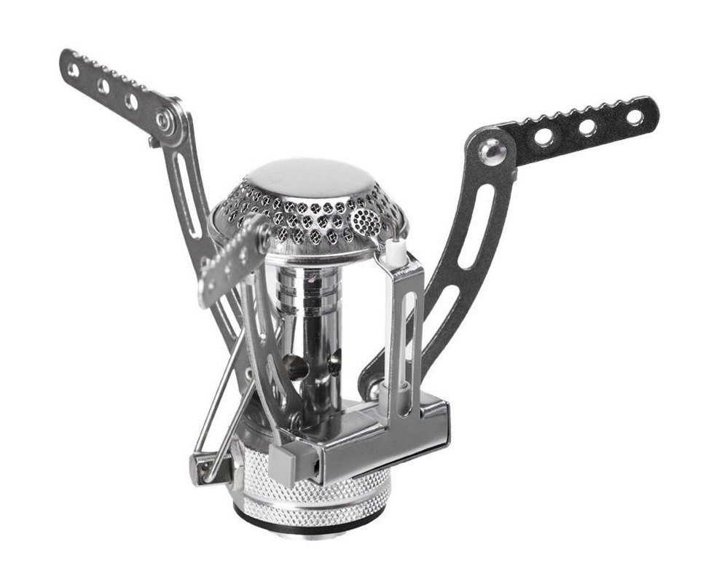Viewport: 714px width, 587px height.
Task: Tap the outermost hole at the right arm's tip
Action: click(x=634, y=117)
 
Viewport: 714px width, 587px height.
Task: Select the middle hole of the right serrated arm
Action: click(x=587, y=127)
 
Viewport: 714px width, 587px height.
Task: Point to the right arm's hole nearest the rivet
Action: click(x=543, y=137)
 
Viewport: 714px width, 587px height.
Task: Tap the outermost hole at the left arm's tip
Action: click(x=73, y=70)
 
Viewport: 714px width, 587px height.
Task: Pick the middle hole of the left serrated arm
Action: click(x=103, y=86)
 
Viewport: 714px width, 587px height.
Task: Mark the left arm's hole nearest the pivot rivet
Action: click(x=131, y=101)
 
